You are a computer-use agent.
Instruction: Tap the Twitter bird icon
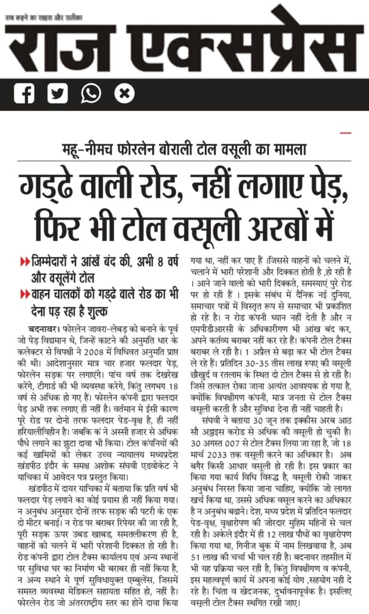coord(58,94)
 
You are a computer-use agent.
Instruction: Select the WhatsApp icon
coord(91,94)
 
